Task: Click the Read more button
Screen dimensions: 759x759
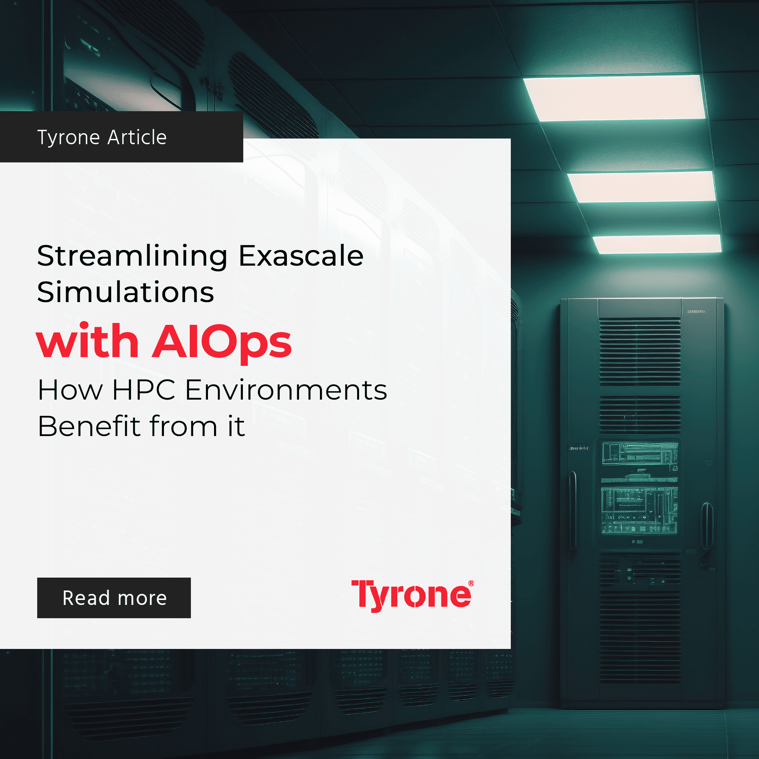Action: (x=114, y=598)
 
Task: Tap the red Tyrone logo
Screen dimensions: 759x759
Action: (x=413, y=595)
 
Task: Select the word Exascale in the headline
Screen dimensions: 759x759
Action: (x=301, y=256)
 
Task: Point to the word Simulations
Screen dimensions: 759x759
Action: (x=126, y=292)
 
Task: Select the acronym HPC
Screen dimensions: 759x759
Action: (x=144, y=390)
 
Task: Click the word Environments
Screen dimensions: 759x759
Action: (x=286, y=390)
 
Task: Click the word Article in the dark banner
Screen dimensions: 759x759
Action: (x=137, y=137)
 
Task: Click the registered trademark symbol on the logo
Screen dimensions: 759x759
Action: (x=471, y=583)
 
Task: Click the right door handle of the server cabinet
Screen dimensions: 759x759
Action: (x=707, y=526)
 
